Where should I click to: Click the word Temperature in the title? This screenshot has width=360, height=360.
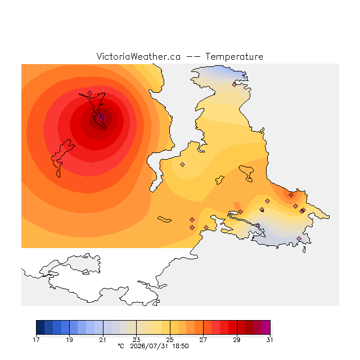[x=234, y=56]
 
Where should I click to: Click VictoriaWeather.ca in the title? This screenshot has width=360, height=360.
[x=138, y=56]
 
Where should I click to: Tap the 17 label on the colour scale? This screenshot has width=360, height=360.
[x=36, y=340]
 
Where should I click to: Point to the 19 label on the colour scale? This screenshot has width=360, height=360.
[x=70, y=340]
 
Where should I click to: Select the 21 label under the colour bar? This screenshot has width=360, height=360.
[x=103, y=340]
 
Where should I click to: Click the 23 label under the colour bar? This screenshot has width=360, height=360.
[x=136, y=340]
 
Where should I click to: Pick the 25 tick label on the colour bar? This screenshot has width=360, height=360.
[x=170, y=340]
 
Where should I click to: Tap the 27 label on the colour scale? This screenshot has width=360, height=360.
[x=203, y=340]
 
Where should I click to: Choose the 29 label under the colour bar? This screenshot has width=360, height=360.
[x=237, y=340]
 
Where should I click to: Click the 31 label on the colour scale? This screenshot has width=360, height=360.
[x=270, y=340]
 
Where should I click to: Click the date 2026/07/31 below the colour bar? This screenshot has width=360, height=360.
[x=150, y=346]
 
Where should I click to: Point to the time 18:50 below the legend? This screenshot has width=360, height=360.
[x=181, y=346]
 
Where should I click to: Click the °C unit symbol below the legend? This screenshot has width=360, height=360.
[x=121, y=346]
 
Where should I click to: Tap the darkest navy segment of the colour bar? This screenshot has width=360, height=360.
[x=40, y=327]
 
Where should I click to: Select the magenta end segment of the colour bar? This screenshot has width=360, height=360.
[x=266, y=327]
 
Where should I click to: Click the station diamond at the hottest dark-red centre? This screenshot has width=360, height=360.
[x=102, y=116]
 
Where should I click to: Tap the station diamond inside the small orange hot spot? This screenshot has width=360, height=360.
[x=291, y=195]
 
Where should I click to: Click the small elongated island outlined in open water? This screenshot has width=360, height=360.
[x=164, y=219]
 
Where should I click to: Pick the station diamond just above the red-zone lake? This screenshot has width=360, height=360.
[x=90, y=93]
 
